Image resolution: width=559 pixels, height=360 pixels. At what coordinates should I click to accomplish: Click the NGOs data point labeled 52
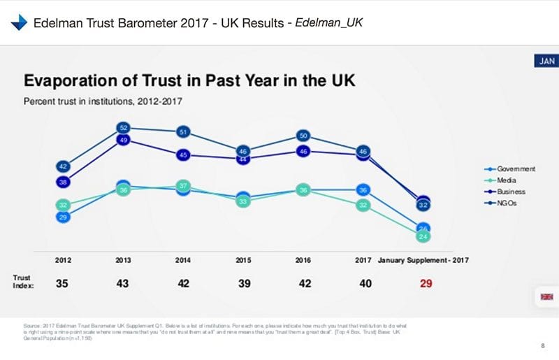(123, 128)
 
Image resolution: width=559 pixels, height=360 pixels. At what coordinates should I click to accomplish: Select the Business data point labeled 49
(123, 141)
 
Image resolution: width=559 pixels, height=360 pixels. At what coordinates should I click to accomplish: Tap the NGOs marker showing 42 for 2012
(62, 166)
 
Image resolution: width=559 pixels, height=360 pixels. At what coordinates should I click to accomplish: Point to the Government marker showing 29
(62, 218)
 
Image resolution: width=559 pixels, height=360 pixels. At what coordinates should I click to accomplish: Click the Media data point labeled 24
(423, 237)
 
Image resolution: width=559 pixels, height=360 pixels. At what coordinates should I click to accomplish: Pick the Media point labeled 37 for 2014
(183, 186)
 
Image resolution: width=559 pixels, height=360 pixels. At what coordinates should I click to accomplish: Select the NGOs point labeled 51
(183, 131)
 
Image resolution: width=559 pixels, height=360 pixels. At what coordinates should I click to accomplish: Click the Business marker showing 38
(62, 182)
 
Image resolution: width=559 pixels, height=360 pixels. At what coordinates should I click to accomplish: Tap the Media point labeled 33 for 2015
(243, 201)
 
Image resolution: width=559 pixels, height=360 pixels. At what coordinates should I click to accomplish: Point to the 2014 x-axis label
(183, 260)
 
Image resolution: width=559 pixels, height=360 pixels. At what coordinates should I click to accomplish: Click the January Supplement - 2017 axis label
(423, 260)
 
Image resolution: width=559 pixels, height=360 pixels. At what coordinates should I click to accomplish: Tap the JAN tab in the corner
(545, 62)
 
